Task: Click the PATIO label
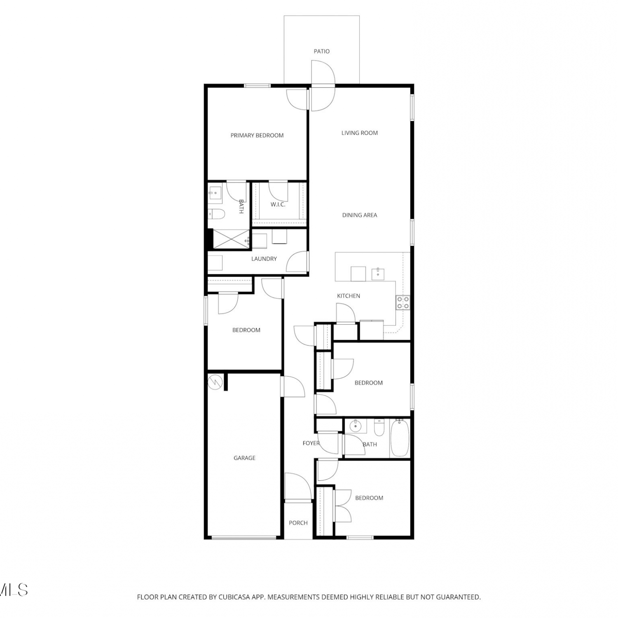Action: tap(321, 51)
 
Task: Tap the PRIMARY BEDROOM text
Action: tap(257, 136)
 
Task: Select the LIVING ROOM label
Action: tap(360, 133)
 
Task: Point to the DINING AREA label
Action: tap(360, 215)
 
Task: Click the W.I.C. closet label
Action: tap(278, 204)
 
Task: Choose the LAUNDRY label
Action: tap(264, 259)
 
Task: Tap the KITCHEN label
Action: tap(349, 296)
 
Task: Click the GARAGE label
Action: tap(244, 458)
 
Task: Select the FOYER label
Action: tap(311, 443)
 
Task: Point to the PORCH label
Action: tap(298, 523)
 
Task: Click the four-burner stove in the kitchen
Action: tap(403, 302)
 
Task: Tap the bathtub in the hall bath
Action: tap(399, 438)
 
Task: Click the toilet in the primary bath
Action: tap(216, 214)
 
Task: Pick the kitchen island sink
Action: tap(378, 273)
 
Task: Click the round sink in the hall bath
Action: tap(355, 426)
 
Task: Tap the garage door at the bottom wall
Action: tap(244, 537)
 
